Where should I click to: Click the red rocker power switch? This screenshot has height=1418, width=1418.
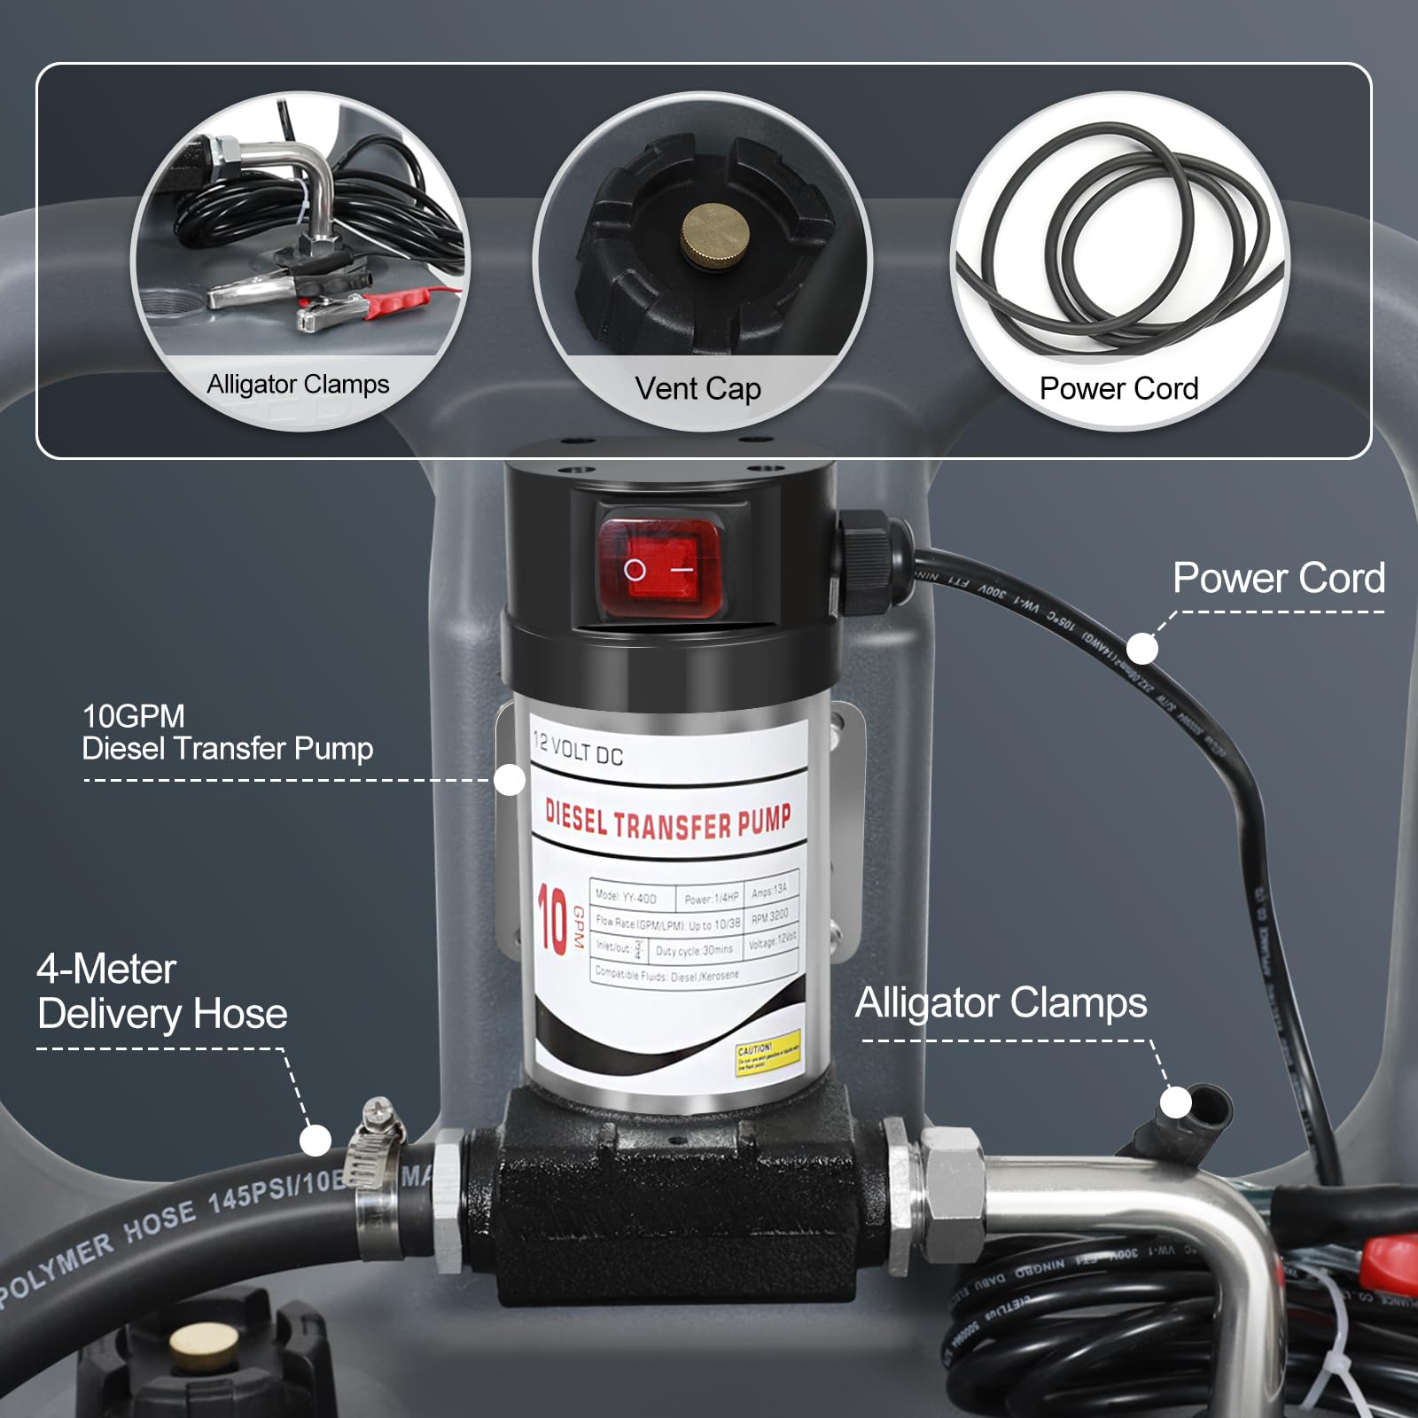(x=659, y=568)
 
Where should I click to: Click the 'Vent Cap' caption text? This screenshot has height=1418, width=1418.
(x=697, y=388)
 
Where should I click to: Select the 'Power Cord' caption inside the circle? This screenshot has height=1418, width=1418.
(x=1118, y=388)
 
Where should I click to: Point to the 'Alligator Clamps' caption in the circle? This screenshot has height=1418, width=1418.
(x=298, y=384)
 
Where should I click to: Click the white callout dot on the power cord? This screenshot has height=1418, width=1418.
(x=1143, y=649)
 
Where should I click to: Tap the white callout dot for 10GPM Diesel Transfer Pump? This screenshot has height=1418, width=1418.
(x=509, y=780)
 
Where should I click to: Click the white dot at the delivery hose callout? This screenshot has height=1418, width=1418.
(x=316, y=1140)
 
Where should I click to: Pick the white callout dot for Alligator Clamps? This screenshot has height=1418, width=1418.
(x=1176, y=1102)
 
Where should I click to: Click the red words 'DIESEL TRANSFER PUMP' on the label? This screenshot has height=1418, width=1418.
(x=667, y=820)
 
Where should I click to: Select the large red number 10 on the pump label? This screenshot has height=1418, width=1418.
(x=552, y=922)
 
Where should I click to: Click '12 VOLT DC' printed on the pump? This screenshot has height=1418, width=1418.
(x=577, y=750)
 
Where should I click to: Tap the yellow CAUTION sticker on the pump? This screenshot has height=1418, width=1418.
(x=767, y=1052)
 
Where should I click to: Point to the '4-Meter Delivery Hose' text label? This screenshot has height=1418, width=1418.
(x=162, y=992)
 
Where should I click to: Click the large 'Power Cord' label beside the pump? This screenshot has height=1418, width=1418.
(x=1278, y=578)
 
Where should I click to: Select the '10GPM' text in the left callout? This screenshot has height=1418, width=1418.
(x=134, y=716)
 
